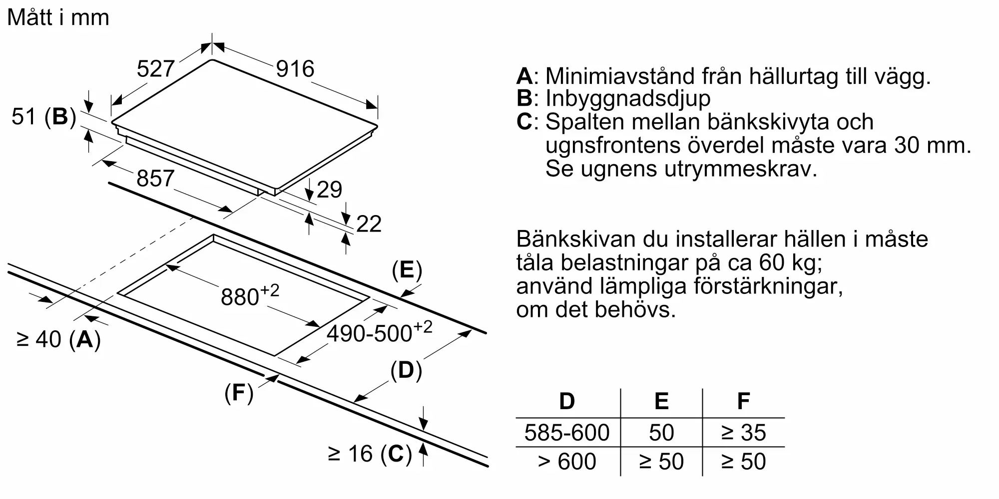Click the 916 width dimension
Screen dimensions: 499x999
tap(295, 69)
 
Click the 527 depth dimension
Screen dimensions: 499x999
tap(155, 69)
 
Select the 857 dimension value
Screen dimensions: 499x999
tap(155, 179)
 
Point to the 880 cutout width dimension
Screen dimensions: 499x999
tap(249, 296)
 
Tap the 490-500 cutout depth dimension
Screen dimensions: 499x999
tap(379, 332)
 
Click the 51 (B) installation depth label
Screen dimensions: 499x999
tap(44, 117)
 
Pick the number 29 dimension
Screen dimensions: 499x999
tap(329, 190)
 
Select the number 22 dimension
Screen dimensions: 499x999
tap(369, 224)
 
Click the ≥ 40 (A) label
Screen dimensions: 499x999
tap(59, 339)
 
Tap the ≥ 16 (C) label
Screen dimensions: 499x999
tap(370, 454)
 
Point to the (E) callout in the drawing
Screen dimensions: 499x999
tap(407, 270)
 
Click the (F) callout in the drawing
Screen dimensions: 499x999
tap(239, 393)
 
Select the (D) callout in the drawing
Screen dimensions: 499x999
tap(406, 371)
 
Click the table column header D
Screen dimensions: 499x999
tap(567, 401)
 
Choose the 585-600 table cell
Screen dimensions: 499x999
tap(567, 433)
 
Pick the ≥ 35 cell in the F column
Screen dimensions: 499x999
tap(743, 433)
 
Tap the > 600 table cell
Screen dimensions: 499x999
tap(567, 462)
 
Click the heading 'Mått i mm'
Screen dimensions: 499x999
tap(58, 18)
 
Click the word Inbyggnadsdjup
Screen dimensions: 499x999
tap(628, 98)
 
